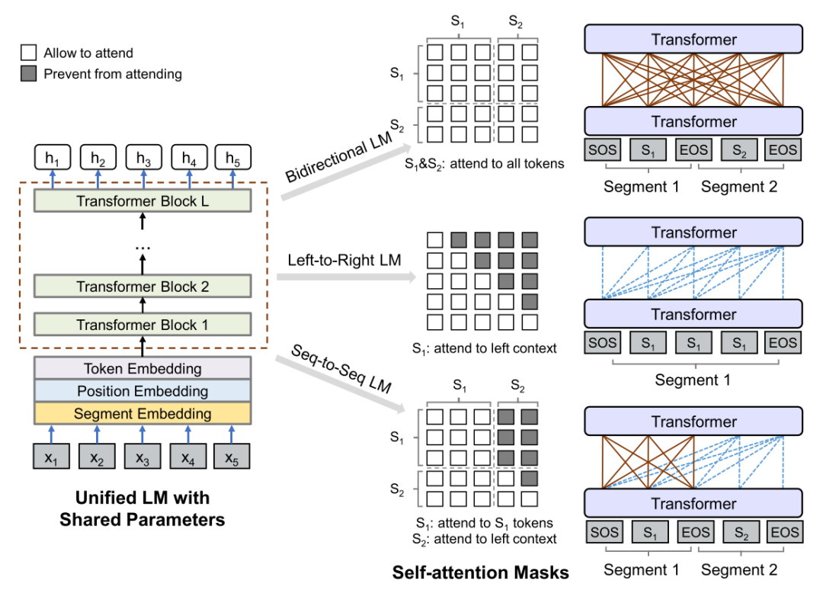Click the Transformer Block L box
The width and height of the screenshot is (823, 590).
143,201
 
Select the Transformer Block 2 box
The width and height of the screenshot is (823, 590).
143,287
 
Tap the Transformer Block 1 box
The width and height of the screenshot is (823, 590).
143,325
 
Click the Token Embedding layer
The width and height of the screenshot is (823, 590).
143,369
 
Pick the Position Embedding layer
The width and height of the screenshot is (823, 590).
143,391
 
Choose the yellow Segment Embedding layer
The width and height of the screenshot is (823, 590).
143,414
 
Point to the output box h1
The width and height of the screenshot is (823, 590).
52,159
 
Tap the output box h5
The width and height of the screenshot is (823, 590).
232,159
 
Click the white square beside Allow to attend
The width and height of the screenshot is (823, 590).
29,53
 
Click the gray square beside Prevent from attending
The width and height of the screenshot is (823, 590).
29,74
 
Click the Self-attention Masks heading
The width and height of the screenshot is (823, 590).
481,571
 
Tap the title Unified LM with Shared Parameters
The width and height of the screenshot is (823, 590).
143,509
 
